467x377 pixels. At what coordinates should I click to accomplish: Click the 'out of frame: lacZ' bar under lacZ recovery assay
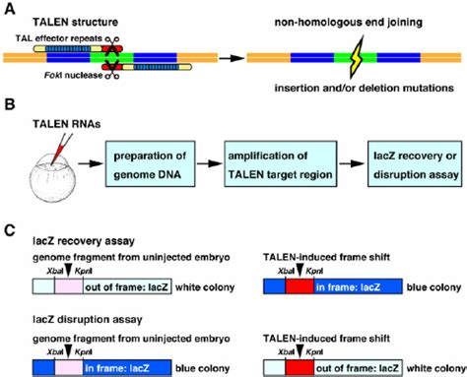(119, 286)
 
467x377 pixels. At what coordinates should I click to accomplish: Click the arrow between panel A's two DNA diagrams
(223, 59)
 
